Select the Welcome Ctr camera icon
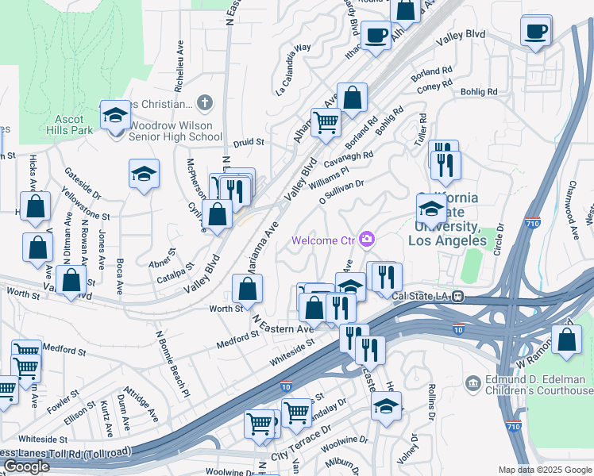[367, 239]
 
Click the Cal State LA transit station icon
[458, 296]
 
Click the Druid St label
[249, 143]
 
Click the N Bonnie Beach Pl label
[173, 363]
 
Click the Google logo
[26, 466]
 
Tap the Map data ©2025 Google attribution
[545, 470]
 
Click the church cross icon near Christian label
[205, 102]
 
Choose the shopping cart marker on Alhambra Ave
[325, 123]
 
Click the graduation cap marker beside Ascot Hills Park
[115, 117]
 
